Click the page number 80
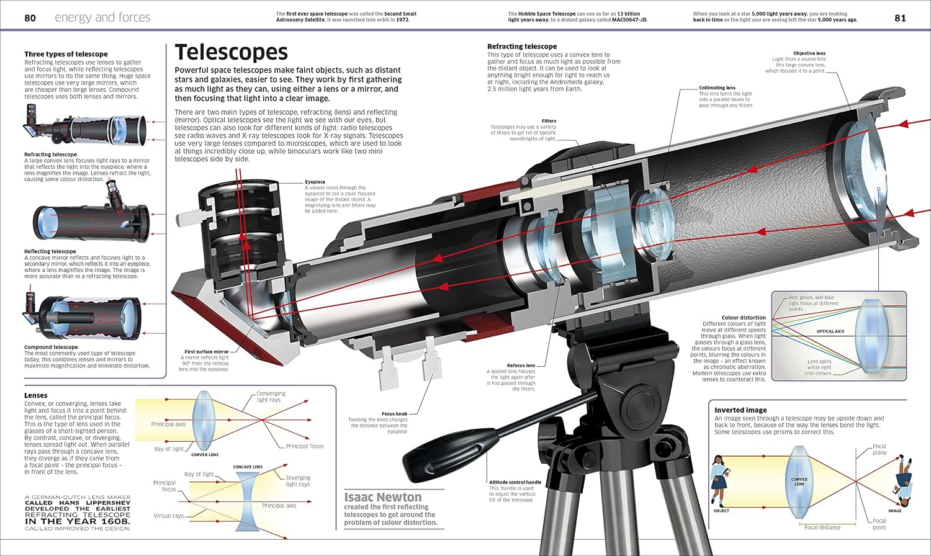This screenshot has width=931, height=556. tap(30, 18)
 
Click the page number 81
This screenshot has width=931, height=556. tap(900, 18)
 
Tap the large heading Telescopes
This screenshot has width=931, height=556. tap(231, 52)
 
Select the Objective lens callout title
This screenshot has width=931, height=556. tap(809, 53)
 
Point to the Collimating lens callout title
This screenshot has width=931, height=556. tap(717, 87)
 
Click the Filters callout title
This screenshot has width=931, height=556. tap(549, 121)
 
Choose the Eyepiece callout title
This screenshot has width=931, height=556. tap(315, 182)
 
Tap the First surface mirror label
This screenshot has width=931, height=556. tap(207, 352)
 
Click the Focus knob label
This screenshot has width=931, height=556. tap(394, 414)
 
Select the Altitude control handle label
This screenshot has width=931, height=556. tap(515, 482)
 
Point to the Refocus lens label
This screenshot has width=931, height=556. tap(521, 365)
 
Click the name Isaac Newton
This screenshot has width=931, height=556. tap(383, 497)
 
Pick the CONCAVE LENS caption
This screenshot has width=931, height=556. tap(248, 467)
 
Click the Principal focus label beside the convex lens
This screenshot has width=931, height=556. tap(305, 446)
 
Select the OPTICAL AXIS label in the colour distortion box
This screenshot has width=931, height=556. tap(830, 331)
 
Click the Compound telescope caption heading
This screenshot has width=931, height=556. tap(51, 347)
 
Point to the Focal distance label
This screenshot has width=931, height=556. tap(822, 527)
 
